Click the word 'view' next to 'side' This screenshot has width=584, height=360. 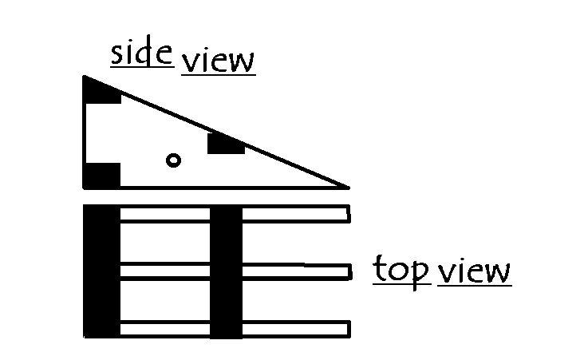pyautogui.click(x=219, y=61)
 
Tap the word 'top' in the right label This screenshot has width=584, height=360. pyautogui.click(x=401, y=270)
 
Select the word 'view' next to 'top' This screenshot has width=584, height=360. pyautogui.click(x=474, y=271)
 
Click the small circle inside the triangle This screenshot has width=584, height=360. pyautogui.click(x=174, y=160)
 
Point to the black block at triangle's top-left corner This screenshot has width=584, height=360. pyautogui.click(x=100, y=91)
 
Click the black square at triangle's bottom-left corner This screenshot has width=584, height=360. pyautogui.click(x=101, y=176)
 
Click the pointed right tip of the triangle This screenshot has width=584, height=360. pyautogui.click(x=349, y=188)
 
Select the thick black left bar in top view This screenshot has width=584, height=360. pyautogui.click(x=101, y=271)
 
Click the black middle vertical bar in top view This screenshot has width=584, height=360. pyautogui.click(x=226, y=271)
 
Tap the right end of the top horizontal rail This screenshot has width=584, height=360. pyautogui.click(x=349, y=214)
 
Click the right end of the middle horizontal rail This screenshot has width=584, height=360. pyautogui.click(x=350, y=271)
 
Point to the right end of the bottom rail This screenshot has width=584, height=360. pyautogui.click(x=349, y=329)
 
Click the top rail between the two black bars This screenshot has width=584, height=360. pyautogui.click(x=165, y=214)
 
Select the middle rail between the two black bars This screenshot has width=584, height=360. pyautogui.click(x=165, y=271)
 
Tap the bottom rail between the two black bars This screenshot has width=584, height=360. pyautogui.click(x=165, y=329)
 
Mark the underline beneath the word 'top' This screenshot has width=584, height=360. pyautogui.click(x=402, y=284)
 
